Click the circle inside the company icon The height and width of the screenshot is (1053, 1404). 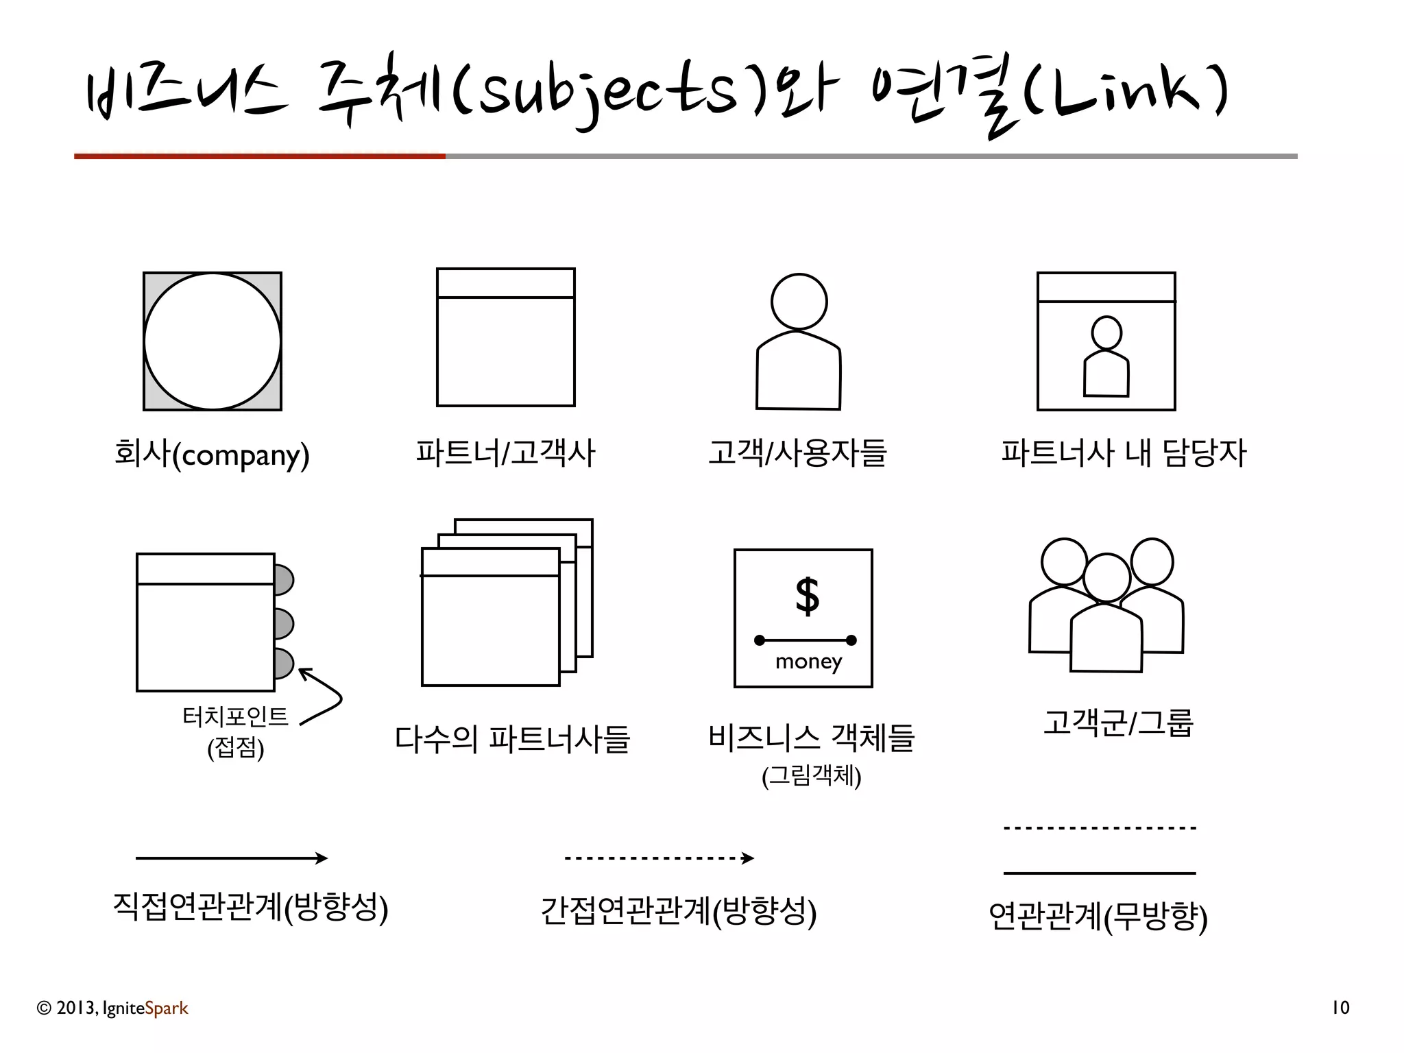click(x=213, y=341)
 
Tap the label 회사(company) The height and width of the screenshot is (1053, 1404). click(x=212, y=455)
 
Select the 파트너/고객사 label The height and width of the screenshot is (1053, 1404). click(x=505, y=453)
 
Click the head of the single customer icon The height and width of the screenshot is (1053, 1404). click(x=799, y=302)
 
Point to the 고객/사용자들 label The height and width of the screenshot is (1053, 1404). click(x=797, y=453)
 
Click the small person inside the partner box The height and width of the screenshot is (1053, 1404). click(x=1106, y=356)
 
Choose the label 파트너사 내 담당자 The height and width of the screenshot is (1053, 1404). click(x=1123, y=453)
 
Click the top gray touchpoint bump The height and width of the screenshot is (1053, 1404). click(x=282, y=579)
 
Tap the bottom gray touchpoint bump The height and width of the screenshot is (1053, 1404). click(x=282, y=664)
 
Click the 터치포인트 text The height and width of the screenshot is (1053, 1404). click(x=235, y=717)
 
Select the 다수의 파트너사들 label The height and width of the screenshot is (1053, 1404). click(x=511, y=739)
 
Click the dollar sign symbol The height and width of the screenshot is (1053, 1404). click(x=807, y=596)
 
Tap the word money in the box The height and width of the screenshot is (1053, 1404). click(x=808, y=662)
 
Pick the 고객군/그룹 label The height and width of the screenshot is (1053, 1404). click(x=1118, y=723)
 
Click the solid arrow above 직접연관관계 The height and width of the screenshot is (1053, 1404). click(x=232, y=858)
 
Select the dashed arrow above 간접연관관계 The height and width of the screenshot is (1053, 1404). click(x=659, y=858)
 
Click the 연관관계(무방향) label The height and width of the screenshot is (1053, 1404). click(x=1098, y=917)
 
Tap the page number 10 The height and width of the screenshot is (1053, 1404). click(x=1340, y=1008)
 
